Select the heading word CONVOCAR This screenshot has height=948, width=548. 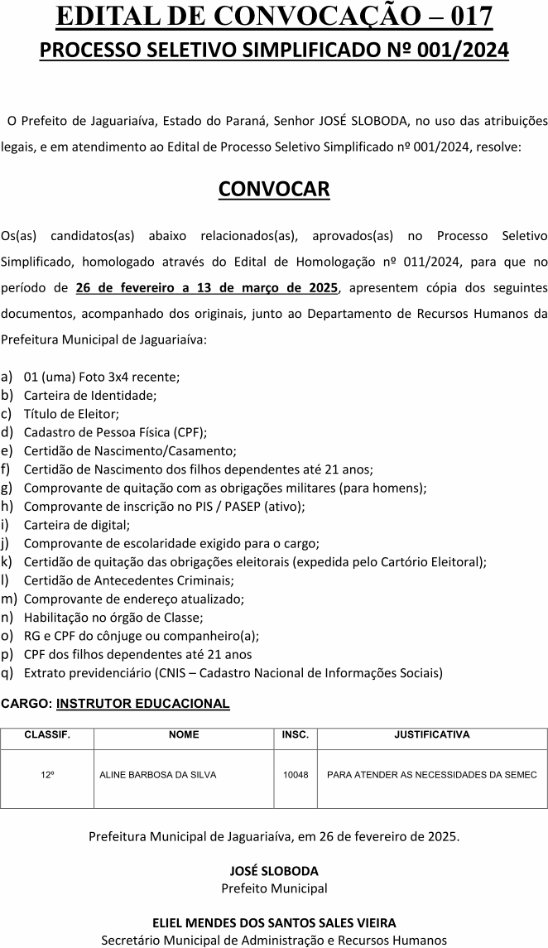coord(274,189)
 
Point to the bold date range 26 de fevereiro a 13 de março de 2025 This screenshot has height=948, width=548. coord(207,288)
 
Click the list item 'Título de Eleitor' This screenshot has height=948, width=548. coord(71,414)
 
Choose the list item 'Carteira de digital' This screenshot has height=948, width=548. coord(77,524)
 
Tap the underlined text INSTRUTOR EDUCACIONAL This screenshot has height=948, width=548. coord(142,704)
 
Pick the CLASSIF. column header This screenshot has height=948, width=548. coord(47,734)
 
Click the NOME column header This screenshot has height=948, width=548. coord(184,734)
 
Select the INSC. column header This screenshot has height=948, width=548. coord(296,734)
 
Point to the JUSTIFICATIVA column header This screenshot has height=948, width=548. coord(432,734)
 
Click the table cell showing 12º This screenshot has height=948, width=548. coord(47,775)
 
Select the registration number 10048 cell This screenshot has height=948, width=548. coord(296,775)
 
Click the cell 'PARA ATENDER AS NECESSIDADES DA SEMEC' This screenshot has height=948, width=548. coord(432,775)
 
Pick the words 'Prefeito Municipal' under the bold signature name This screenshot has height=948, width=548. coord(274,888)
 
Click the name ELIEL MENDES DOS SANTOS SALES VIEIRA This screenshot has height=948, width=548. coord(274,922)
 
